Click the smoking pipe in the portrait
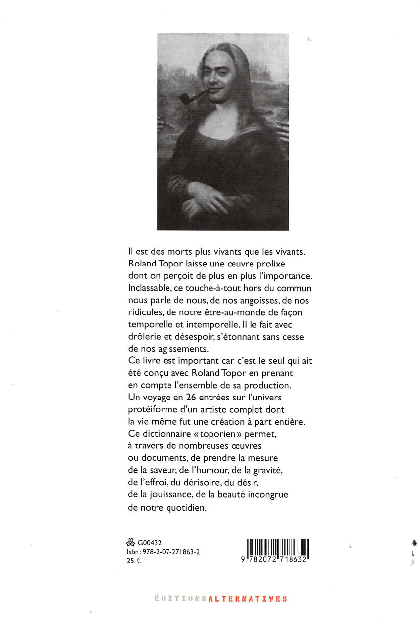[187, 97]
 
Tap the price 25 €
[130, 561]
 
